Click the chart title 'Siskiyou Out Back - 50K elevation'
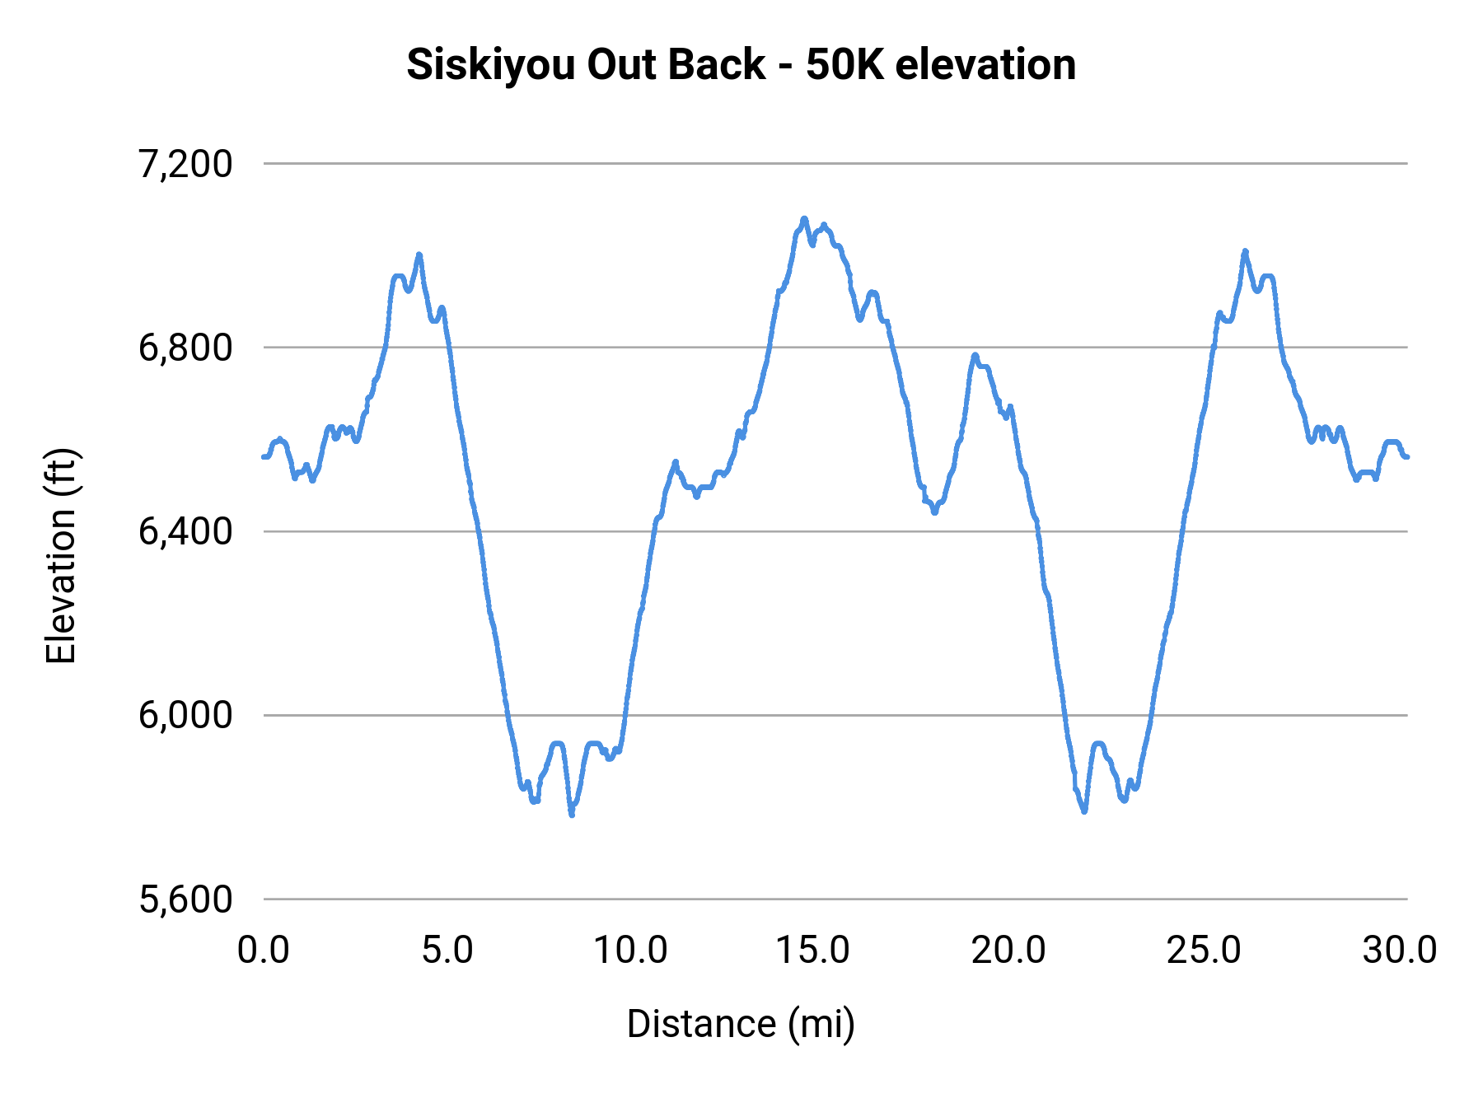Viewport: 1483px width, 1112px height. click(x=741, y=64)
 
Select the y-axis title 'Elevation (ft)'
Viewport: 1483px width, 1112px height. click(x=61, y=557)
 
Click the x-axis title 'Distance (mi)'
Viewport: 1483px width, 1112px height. click(x=741, y=1024)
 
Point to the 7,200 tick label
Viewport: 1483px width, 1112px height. click(x=185, y=164)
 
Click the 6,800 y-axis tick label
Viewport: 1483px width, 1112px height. click(x=185, y=348)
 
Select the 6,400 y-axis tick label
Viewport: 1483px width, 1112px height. click(x=185, y=531)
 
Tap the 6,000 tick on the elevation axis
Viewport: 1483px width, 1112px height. click(x=185, y=715)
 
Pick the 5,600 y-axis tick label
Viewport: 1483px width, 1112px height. click(x=185, y=899)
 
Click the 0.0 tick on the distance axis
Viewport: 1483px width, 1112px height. click(x=264, y=951)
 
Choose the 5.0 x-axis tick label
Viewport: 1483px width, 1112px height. click(x=447, y=951)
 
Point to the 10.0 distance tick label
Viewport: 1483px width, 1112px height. click(x=630, y=951)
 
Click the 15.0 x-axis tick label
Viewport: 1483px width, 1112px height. click(x=813, y=951)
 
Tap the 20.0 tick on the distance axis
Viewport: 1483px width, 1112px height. click(x=1008, y=951)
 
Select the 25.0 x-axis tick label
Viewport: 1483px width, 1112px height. click(x=1204, y=951)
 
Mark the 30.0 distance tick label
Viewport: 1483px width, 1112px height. click(x=1400, y=951)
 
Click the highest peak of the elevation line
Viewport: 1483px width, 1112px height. click(x=804, y=218)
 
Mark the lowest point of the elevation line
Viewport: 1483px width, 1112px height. click(x=571, y=815)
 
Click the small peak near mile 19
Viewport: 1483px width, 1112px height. click(x=975, y=355)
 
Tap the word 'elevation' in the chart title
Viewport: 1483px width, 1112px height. click(x=985, y=64)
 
